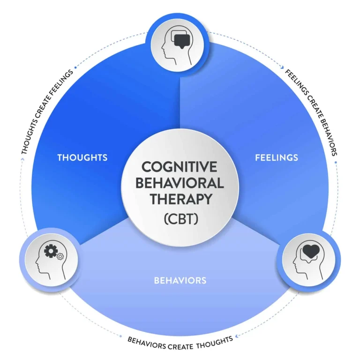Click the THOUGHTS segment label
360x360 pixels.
coord(82,157)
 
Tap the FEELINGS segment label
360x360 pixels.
coord(277,157)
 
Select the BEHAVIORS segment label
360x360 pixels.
coord(180,281)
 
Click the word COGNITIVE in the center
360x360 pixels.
coord(180,167)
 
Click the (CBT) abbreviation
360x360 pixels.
coord(180,218)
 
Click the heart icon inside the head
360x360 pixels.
coord(310,252)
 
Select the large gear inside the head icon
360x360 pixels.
coord(50,252)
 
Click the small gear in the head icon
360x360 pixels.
coord(60,257)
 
